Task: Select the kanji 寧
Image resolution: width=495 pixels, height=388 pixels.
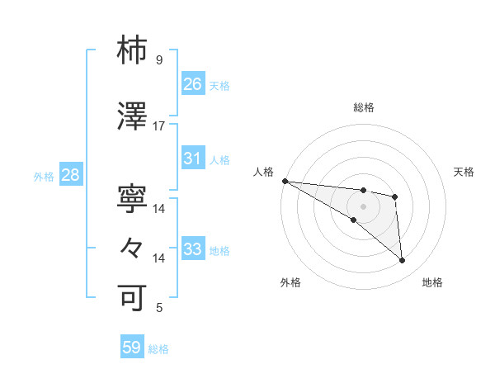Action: (132, 198)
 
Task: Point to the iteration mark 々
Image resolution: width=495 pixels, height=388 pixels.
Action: (132, 247)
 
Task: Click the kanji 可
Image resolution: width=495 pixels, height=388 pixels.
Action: (132, 296)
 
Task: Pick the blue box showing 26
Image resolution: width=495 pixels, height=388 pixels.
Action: (193, 83)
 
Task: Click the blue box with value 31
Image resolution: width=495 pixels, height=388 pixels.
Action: (193, 159)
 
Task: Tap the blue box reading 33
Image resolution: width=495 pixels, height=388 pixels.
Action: (193, 249)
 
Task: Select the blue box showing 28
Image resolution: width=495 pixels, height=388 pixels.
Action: (70, 175)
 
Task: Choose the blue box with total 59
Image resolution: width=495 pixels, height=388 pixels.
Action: (132, 348)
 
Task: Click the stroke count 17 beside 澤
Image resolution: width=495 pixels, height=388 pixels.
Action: (159, 126)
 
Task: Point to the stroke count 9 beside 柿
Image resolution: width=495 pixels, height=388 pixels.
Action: (159, 60)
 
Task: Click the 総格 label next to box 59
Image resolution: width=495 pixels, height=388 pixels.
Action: (158, 349)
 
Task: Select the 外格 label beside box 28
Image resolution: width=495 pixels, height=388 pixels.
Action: (44, 176)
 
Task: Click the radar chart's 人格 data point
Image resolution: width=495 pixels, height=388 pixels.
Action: (285, 181)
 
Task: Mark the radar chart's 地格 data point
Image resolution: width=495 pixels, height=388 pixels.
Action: (403, 261)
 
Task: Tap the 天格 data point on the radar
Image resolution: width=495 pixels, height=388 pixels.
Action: (395, 196)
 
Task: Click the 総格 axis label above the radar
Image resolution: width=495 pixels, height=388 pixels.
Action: (363, 107)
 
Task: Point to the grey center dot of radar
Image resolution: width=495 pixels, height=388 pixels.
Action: (363, 206)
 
